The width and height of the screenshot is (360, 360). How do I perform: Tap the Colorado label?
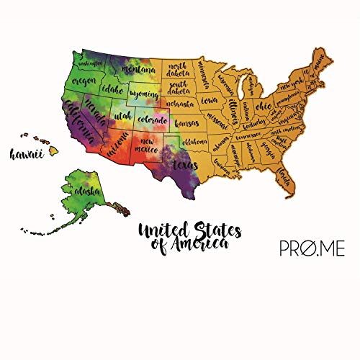pos(153,119)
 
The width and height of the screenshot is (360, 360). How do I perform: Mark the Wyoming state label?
pos(145,94)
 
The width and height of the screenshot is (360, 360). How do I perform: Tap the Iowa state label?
pos(210,100)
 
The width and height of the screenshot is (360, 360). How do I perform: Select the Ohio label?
pos(264,106)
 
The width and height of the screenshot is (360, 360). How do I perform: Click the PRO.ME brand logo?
pos(312,249)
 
